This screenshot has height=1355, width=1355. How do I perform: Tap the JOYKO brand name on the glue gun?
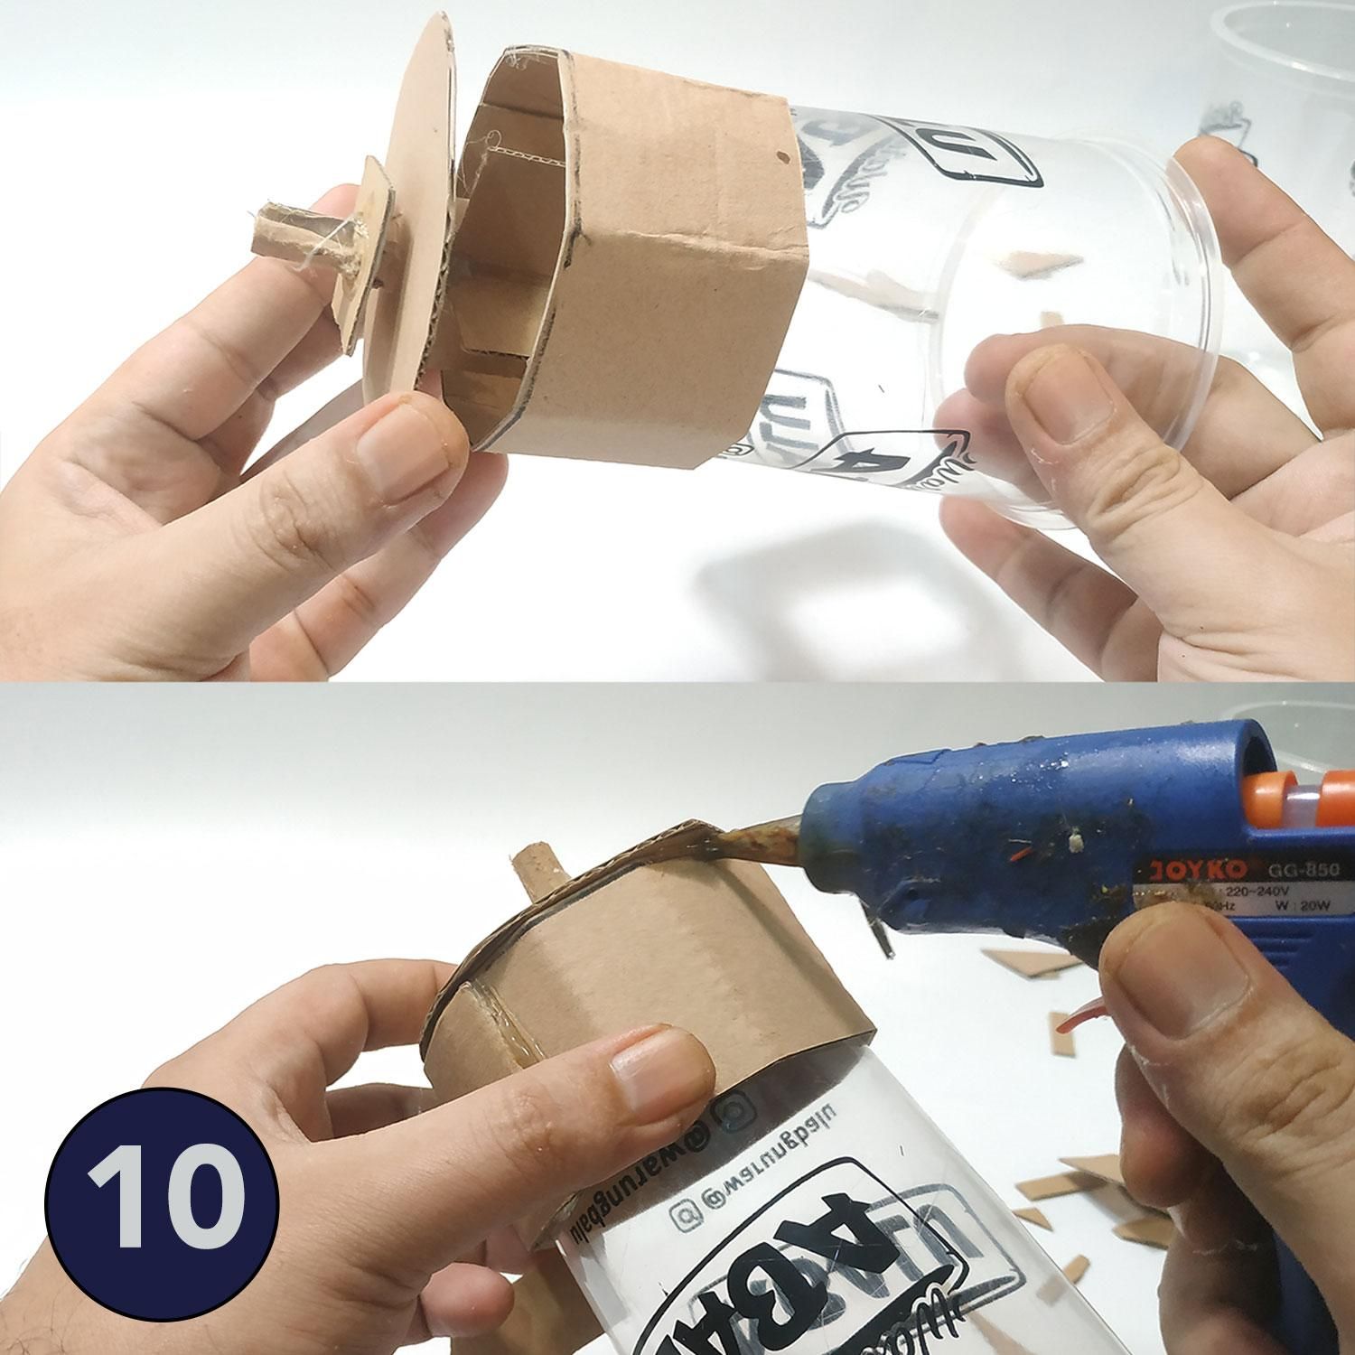click(1187, 871)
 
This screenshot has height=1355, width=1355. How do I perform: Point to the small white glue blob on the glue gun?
click(1075, 840)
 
